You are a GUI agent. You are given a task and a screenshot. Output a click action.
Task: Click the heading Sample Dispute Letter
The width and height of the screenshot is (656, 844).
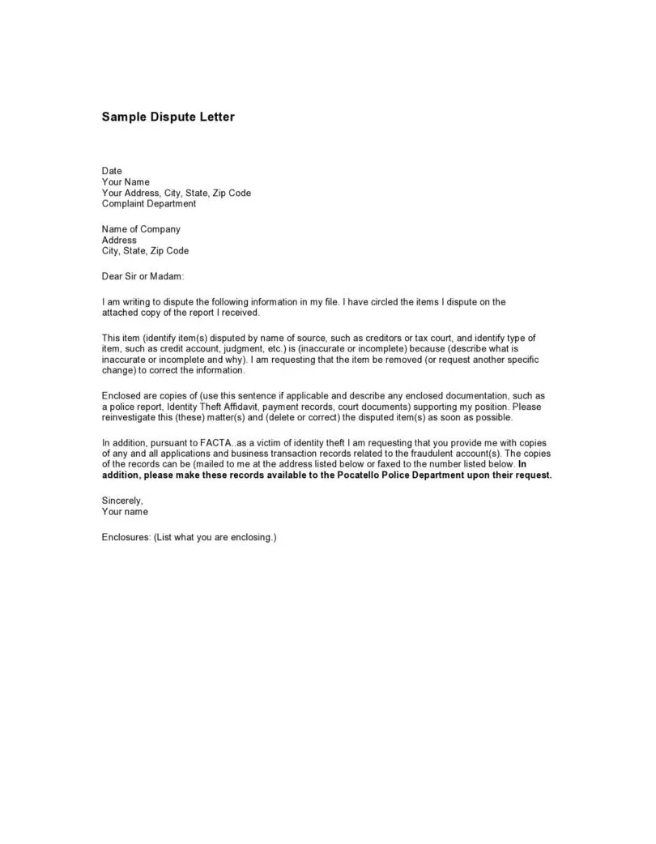coord(168,117)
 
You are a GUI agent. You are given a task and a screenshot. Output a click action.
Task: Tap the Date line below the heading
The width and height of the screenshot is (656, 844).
coord(112,171)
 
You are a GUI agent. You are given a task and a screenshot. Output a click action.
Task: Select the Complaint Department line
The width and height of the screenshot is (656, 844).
coord(149,203)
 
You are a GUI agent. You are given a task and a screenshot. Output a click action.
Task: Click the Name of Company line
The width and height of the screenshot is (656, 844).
coord(141,229)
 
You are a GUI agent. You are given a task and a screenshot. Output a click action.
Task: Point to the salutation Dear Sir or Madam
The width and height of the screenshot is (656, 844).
coord(143,276)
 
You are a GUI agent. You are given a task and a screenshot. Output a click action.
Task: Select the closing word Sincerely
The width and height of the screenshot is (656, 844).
coord(122,501)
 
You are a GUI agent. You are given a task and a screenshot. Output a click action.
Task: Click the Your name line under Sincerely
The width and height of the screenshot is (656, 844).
coord(125,512)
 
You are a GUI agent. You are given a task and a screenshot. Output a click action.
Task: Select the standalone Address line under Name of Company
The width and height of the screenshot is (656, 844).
coord(119,240)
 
